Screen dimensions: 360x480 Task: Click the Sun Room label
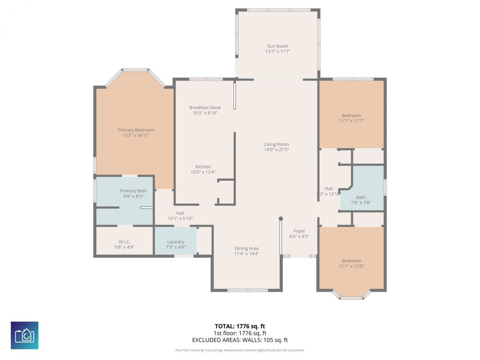(277, 46)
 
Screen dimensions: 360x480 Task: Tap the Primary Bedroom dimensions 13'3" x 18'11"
(136, 135)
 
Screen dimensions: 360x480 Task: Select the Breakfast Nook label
(205, 108)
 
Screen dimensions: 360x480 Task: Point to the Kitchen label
(203, 167)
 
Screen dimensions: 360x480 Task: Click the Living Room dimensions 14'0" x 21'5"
(276, 150)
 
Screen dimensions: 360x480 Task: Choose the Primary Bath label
(133, 191)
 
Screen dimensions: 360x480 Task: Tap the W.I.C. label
(124, 242)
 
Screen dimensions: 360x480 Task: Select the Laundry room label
(175, 242)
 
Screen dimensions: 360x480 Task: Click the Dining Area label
(246, 248)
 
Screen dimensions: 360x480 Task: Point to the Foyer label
(299, 231)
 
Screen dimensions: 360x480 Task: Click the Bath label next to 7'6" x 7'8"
(361, 197)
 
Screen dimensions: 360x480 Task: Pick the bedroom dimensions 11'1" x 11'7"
(351, 121)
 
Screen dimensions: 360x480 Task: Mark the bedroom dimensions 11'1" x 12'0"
(351, 266)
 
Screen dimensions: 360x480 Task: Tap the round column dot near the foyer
(280, 219)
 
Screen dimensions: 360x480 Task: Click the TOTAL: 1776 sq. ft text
(240, 326)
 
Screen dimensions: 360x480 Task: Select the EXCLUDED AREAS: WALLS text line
(240, 340)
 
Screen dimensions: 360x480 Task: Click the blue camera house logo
(24, 335)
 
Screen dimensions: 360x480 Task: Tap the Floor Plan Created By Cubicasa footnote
(240, 350)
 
